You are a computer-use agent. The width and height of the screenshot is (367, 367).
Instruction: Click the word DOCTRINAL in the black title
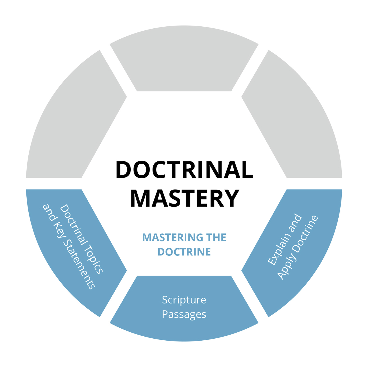point(184,170)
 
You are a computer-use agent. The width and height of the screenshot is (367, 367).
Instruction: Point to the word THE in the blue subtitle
point(216,238)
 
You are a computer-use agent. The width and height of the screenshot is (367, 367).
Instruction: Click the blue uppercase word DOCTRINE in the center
point(184,252)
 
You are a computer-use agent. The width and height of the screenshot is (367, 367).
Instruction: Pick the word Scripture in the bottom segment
point(184,300)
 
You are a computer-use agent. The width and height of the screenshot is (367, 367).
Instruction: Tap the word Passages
point(184,314)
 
